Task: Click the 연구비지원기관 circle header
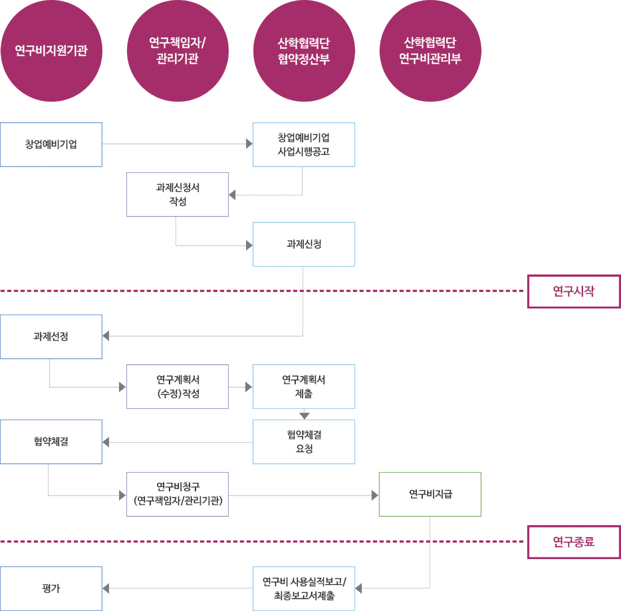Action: [51, 51]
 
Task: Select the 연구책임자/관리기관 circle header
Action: [177, 51]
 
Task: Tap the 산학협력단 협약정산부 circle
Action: [304, 51]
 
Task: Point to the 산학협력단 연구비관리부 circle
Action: [430, 51]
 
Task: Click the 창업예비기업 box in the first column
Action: [51, 145]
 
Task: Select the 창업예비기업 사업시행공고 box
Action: [304, 145]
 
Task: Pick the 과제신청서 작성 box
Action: [177, 194]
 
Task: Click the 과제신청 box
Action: [304, 244]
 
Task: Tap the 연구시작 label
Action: [574, 291]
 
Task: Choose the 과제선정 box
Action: [51, 337]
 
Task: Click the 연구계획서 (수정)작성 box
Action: [177, 386]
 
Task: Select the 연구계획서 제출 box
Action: [304, 386]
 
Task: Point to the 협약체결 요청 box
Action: [304, 442]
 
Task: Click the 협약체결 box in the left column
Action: [51, 442]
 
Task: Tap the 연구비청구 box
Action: [177, 494]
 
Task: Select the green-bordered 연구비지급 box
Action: [430, 494]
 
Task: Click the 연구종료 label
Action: [574, 542]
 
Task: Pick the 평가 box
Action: [51, 588]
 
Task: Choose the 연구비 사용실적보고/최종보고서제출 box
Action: [304, 588]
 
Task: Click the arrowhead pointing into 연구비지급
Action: [375, 495]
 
